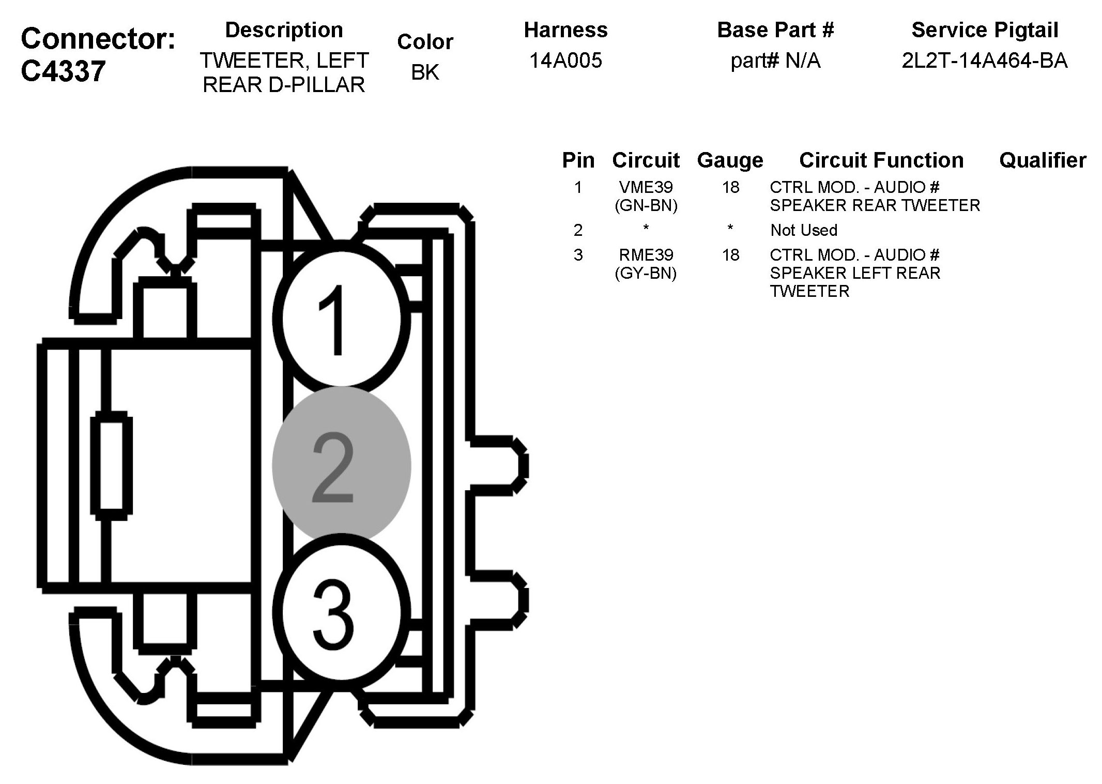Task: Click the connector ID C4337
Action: click(64, 71)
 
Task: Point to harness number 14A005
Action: click(565, 61)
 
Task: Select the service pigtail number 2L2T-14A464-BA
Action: click(984, 61)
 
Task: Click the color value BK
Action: click(425, 72)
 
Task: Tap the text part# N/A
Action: click(775, 61)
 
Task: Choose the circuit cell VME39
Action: click(646, 187)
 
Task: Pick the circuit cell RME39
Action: click(646, 255)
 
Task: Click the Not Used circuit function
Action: click(803, 230)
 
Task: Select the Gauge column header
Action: click(730, 160)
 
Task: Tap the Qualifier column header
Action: click(1042, 160)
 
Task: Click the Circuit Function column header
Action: click(881, 160)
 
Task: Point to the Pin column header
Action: click(578, 160)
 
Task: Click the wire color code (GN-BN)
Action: click(646, 206)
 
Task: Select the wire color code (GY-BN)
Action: click(646, 273)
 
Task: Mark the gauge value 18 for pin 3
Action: click(730, 255)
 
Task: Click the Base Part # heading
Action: click(775, 30)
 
